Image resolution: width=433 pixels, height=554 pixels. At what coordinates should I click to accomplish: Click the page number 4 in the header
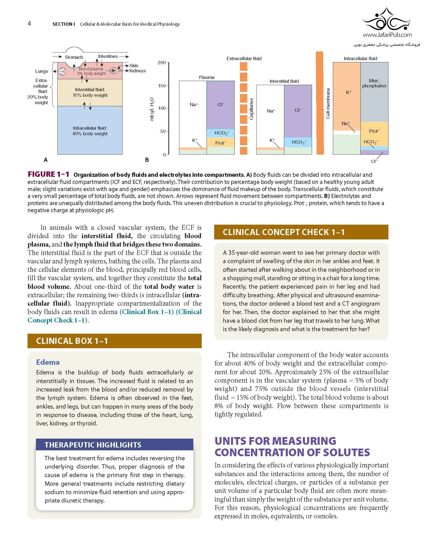coord(29,24)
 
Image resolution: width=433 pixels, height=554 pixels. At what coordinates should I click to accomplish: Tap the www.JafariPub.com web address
coord(387,35)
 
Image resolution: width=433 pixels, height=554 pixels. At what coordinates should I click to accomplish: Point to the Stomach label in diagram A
coord(74,57)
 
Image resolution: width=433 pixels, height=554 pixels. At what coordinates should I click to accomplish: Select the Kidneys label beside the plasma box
coord(138,71)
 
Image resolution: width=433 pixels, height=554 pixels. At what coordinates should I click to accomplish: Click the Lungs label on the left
coord(42,71)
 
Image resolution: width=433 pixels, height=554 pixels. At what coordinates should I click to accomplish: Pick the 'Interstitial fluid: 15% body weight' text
coord(90,92)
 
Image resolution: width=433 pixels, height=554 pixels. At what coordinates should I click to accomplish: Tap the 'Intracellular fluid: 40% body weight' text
coord(90,131)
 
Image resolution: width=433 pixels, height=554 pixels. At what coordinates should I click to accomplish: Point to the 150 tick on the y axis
coord(162,86)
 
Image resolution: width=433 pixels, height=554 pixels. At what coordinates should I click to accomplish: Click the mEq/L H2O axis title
coord(152,109)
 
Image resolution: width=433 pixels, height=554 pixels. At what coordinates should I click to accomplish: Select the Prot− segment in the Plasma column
coord(221,143)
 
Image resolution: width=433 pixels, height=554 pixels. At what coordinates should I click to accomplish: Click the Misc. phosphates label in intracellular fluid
coord(374,83)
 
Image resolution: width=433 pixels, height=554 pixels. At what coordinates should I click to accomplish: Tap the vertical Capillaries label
coord(251,109)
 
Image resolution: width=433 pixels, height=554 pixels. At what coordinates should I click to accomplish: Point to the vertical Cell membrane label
coord(328,103)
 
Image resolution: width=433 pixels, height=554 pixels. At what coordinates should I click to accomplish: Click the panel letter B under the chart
coord(147,160)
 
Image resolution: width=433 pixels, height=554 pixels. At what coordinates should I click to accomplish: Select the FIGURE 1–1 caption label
coord(48,174)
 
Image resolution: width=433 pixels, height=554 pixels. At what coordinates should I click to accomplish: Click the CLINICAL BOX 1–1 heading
coord(72,341)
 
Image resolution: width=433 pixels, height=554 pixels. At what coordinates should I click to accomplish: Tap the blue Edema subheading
coord(48,362)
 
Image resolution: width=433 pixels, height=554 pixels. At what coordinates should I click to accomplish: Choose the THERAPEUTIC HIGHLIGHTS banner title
coord(93,445)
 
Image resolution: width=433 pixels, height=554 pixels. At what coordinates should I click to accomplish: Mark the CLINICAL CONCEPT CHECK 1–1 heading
coord(283,232)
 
